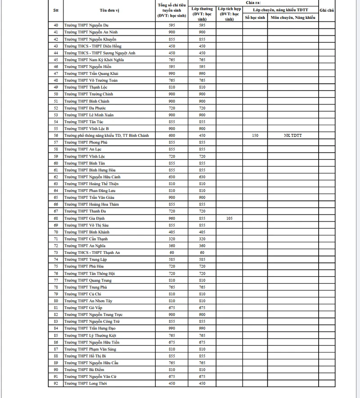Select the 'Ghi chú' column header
(326, 9)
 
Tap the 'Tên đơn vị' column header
(109, 10)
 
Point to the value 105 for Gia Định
(229, 218)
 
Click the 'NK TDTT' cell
(292, 136)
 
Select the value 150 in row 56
(255, 136)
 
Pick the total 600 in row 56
(171, 136)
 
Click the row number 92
(55, 384)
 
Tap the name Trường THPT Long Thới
(86, 384)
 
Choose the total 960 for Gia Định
(171, 218)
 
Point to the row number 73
(55, 253)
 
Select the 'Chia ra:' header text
(253, 3)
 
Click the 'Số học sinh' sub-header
(255, 18)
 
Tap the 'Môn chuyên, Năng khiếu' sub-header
(292, 18)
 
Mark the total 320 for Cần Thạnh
(171, 239)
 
